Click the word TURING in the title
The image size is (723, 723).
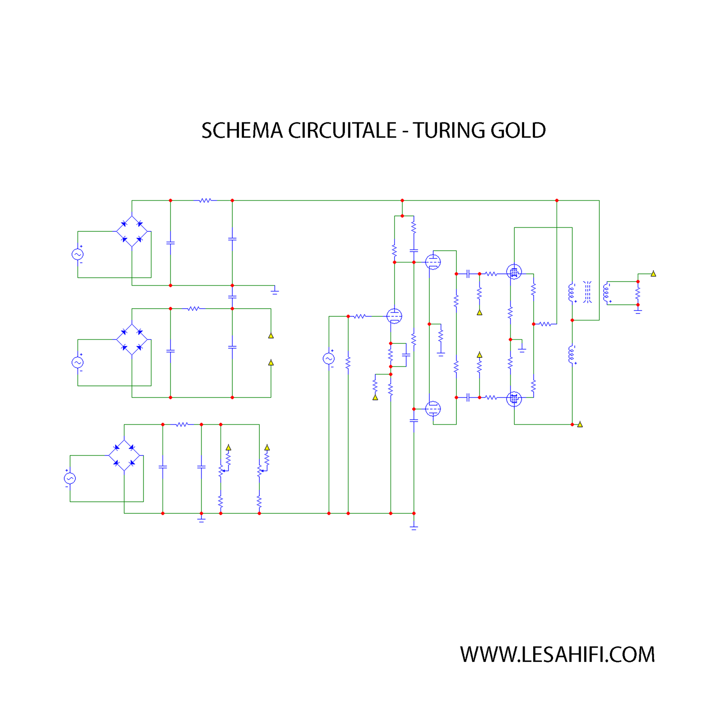click(448, 131)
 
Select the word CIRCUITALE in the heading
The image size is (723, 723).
click(342, 131)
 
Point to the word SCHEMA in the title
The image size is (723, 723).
click(242, 131)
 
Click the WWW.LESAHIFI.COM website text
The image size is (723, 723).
click(557, 654)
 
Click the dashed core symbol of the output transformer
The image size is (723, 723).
click(587, 292)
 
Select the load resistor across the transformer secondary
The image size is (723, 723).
click(638, 293)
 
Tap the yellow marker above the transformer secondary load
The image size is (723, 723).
click(653, 274)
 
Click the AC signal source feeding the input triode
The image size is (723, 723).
click(329, 359)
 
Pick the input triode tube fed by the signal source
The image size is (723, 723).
click(394, 316)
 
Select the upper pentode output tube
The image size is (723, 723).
click(514, 272)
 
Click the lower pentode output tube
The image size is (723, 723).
click(514, 399)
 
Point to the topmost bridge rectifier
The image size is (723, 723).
click(132, 231)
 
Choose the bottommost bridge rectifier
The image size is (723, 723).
click(124, 455)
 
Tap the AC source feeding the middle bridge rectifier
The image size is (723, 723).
click(78, 362)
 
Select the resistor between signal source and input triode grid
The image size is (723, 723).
click(360, 316)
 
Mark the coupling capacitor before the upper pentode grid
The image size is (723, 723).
click(468, 274)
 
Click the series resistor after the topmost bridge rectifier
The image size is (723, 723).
click(205, 200)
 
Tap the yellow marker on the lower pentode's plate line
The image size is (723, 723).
click(580, 424)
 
